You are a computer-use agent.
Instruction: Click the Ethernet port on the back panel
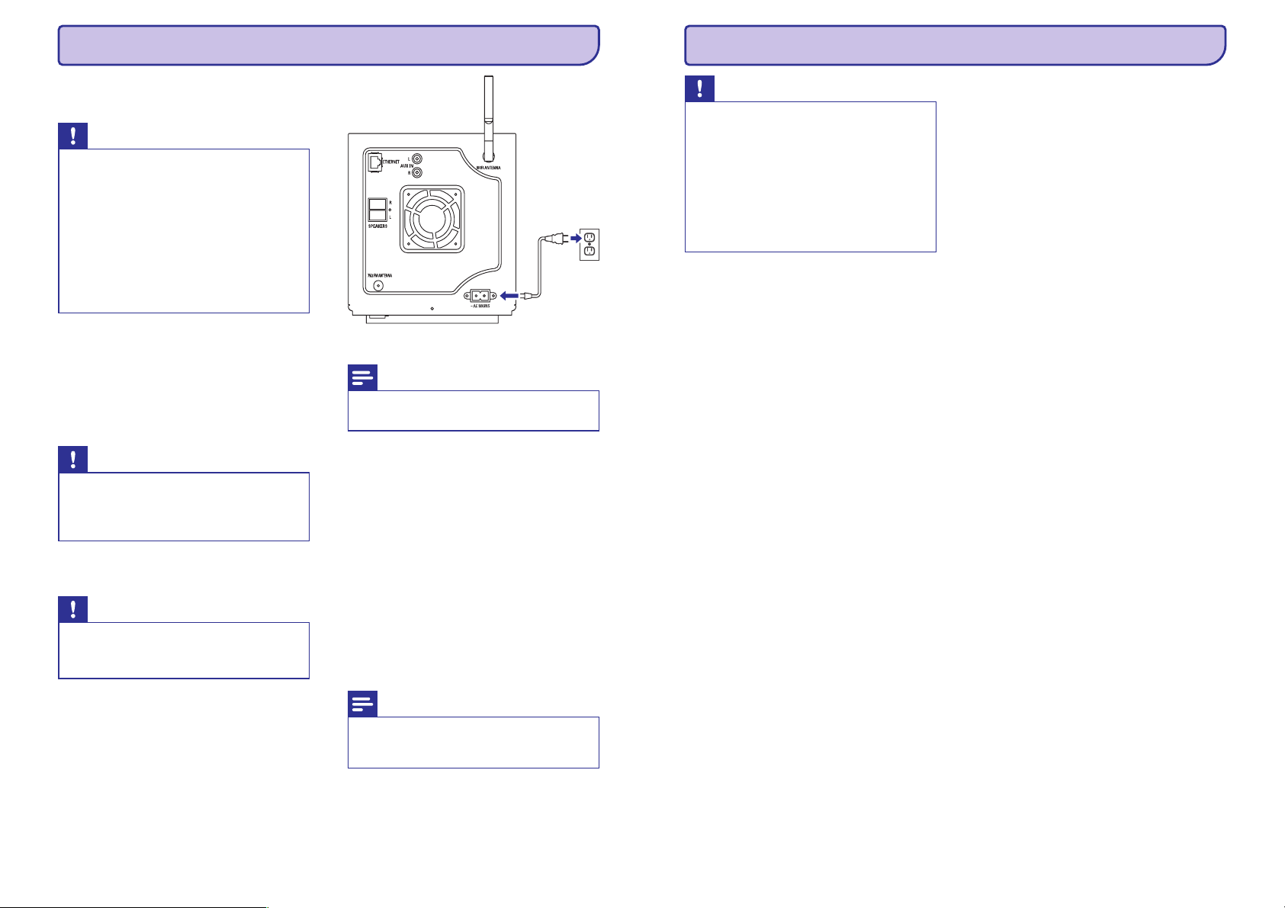374,162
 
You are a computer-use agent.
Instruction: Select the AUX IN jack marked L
417,159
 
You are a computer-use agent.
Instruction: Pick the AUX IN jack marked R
417,172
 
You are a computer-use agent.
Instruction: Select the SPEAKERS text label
378,226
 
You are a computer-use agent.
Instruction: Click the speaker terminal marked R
377,204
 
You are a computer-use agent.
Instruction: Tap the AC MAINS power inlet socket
481,295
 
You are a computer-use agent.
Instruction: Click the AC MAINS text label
481,306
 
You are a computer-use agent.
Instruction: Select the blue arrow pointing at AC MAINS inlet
510,295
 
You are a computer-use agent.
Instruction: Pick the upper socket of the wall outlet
589,236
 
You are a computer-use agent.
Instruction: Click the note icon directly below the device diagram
362,378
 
